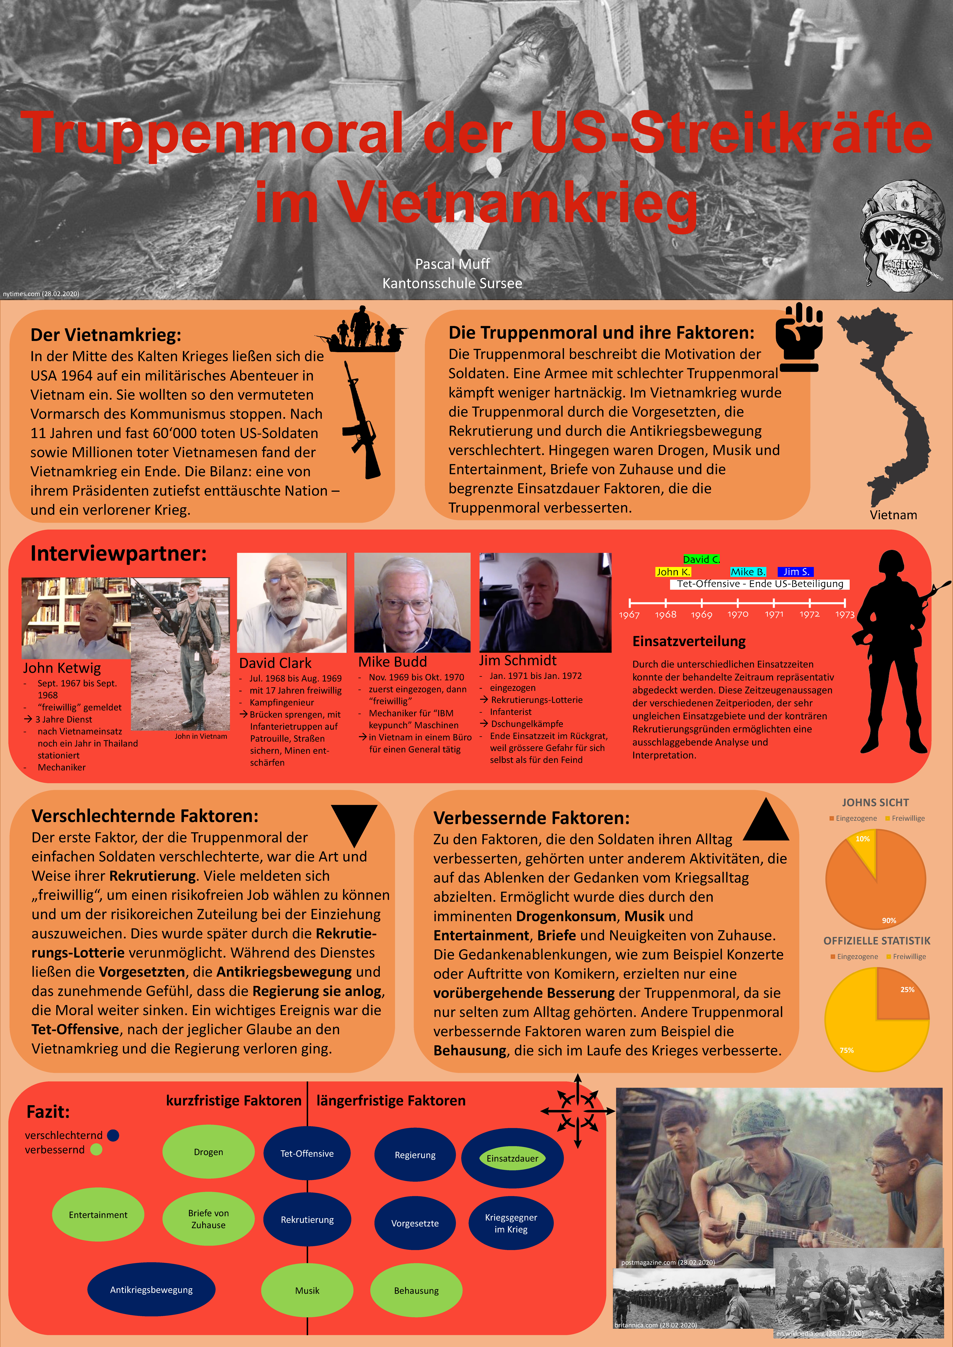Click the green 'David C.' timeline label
[x=701, y=559]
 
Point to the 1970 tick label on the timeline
[x=738, y=614]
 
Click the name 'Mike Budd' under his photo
[x=393, y=662]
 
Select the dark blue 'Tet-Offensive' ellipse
[x=307, y=1153]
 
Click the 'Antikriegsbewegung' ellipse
[x=151, y=1289]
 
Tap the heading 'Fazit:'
[x=48, y=1112]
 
